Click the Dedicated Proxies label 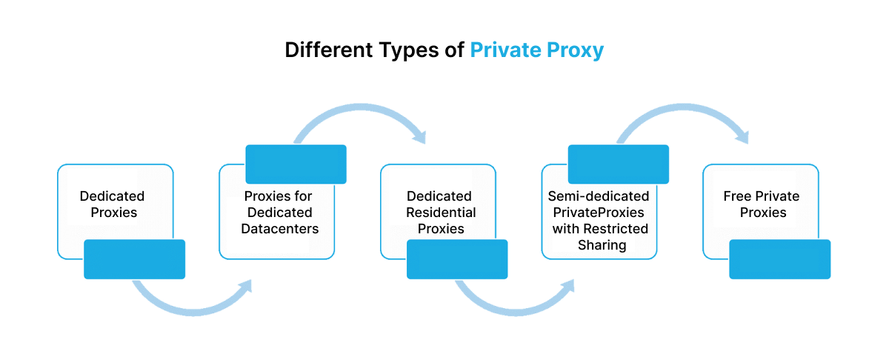tap(113, 204)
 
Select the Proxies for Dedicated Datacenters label tap(279, 213)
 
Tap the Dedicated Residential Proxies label tap(440, 213)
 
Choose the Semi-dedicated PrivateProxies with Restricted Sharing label tap(599, 221)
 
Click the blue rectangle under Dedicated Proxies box tap(134, 259)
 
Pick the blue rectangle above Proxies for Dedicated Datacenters tap(296, 164)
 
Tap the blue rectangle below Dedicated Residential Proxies tap(457, 259)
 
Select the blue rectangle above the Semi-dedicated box tap(619, 164)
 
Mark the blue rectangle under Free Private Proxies tap(779, 259)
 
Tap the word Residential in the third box tap(441, 213)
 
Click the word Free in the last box tap(737, 196)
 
